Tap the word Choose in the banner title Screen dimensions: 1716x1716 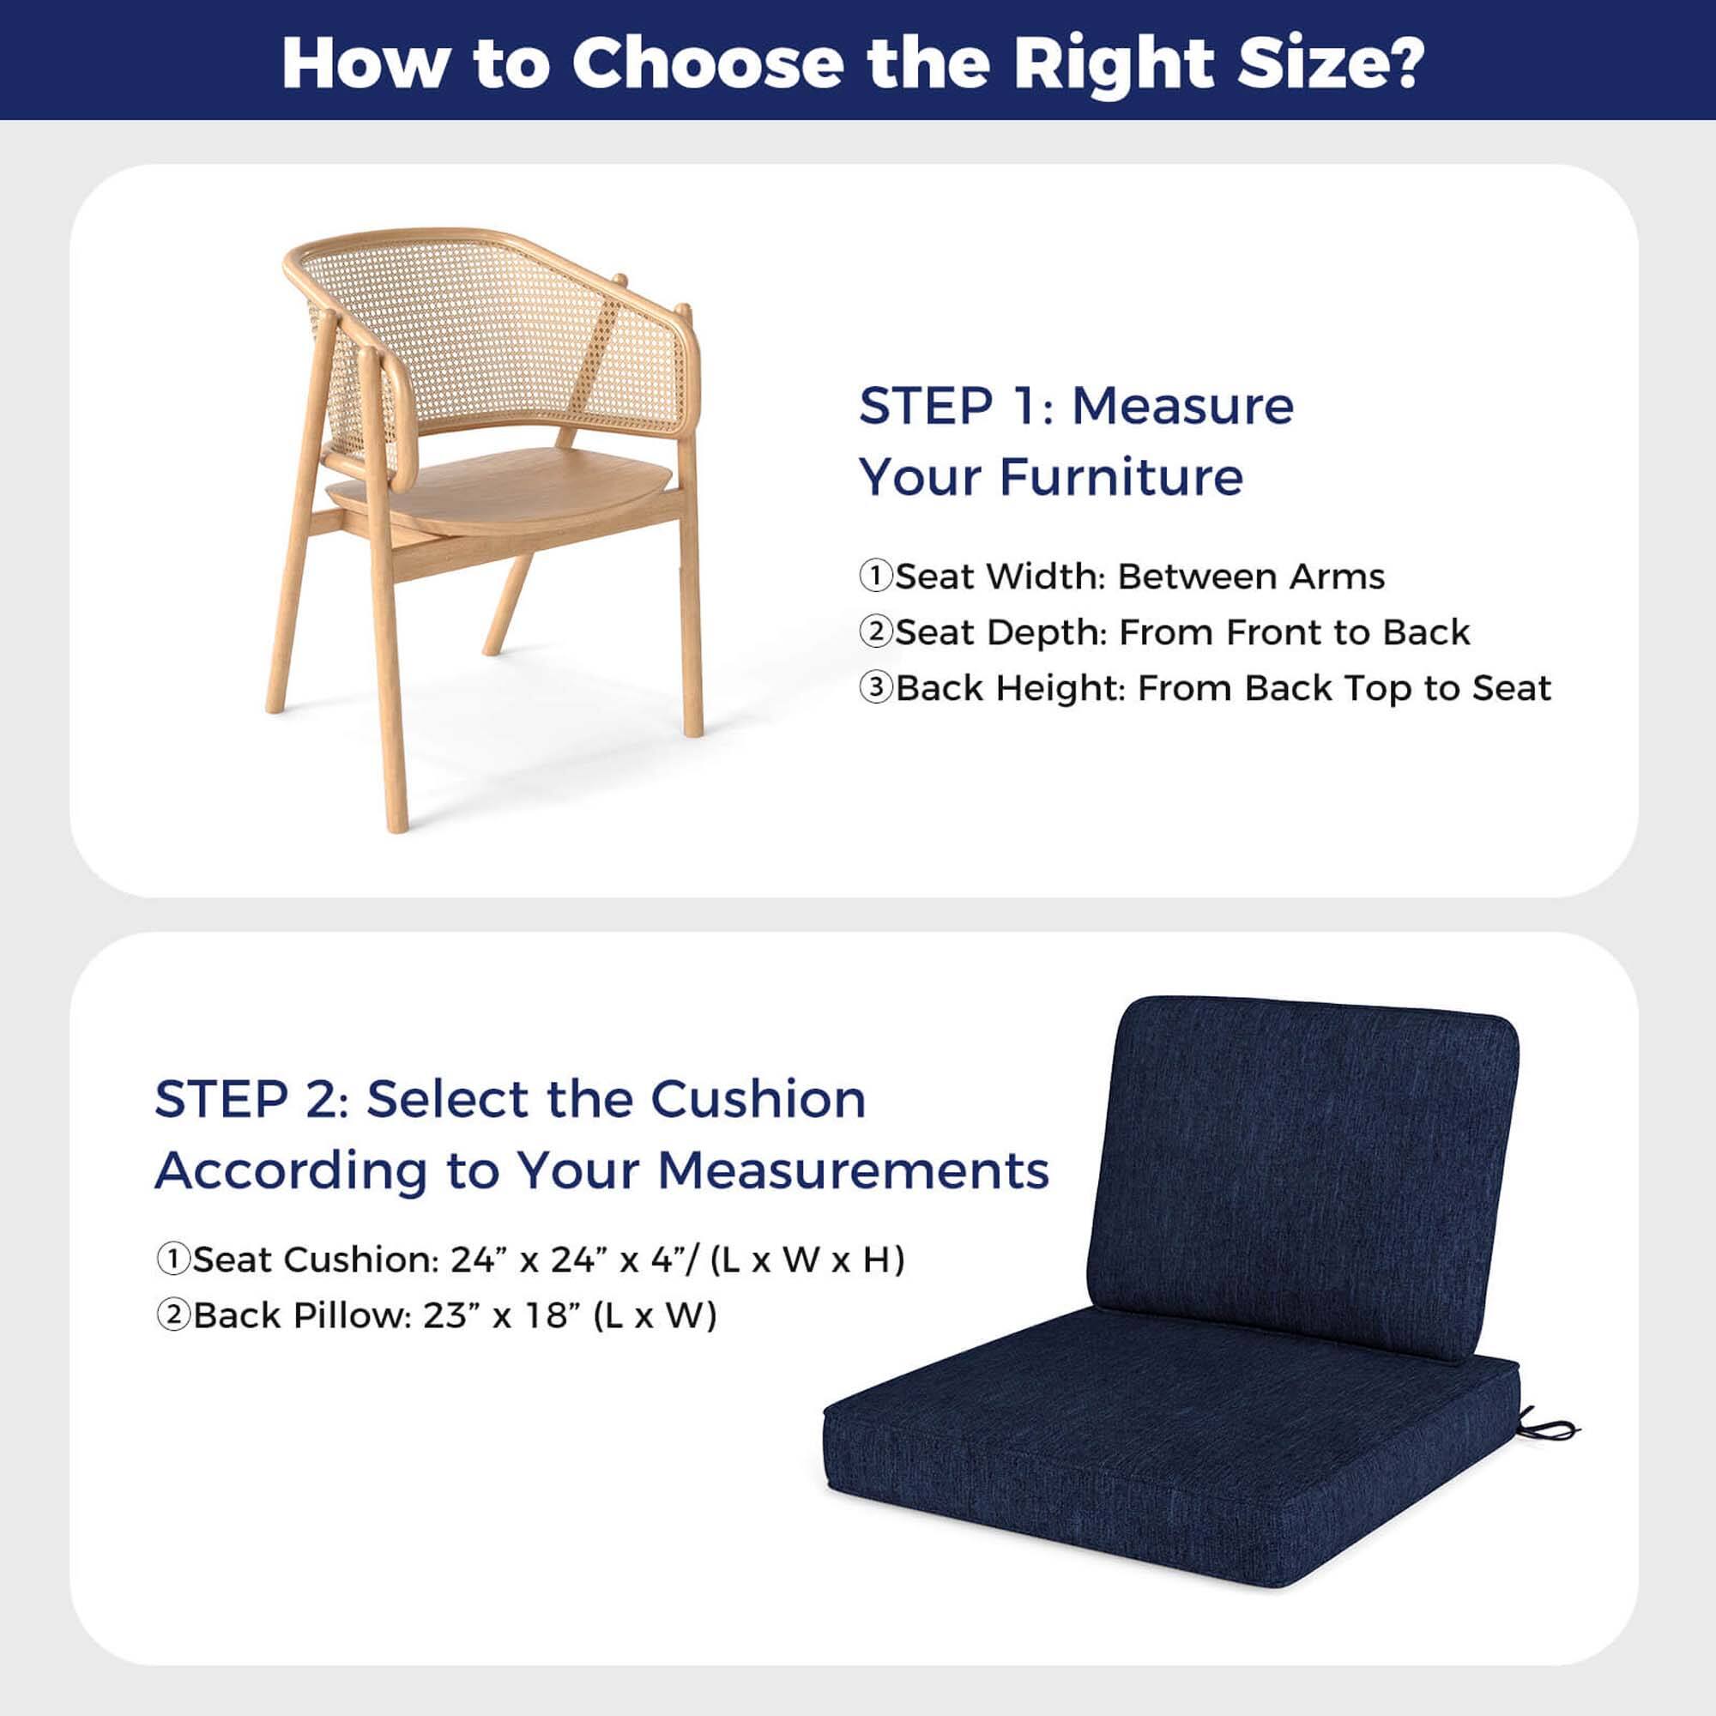707,62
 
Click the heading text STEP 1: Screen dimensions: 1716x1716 956,406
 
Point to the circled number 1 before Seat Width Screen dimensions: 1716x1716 875,577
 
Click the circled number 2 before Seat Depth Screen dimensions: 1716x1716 875,632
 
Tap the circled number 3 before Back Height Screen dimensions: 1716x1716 875,688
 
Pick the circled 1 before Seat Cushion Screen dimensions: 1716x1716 173,1259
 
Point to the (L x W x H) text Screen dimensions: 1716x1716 807,1259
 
